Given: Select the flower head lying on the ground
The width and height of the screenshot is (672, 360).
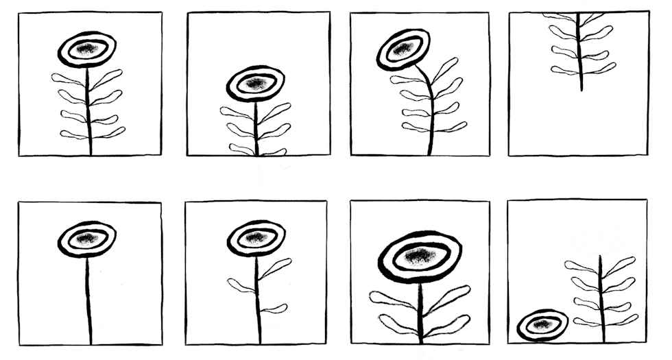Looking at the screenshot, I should tap(542, 324).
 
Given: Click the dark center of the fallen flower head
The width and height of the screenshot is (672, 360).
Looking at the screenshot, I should tap(542, 324).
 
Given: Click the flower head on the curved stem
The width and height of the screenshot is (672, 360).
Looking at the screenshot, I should tap(403, 49).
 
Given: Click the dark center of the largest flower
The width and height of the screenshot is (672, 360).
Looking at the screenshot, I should tap(418, 257).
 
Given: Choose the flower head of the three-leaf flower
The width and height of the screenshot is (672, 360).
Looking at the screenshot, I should tap(255, 238).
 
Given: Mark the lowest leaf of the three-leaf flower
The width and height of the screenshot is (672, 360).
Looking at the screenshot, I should tap(274, 309).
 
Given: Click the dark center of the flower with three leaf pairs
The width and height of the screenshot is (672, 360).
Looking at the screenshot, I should tap(256, 84).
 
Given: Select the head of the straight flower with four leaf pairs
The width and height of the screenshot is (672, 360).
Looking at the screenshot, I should tap(86, 49).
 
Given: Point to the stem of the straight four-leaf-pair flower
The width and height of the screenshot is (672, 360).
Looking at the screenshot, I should tap(88, 110).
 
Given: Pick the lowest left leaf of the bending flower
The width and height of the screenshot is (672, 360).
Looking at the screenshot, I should tap(415, 128).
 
